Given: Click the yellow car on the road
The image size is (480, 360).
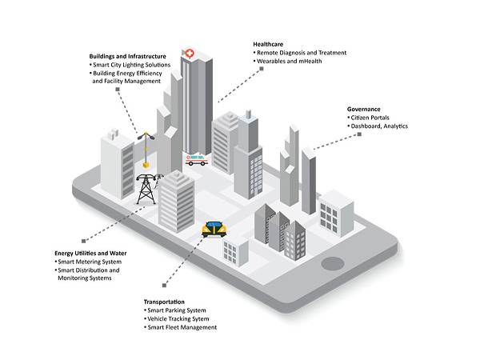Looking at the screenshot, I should coord(213,229).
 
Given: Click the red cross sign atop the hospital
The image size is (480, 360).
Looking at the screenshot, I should coord(188,53).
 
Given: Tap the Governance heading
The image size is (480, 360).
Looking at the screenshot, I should coord(363,109).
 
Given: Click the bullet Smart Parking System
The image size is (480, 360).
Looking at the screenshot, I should coord(177,310).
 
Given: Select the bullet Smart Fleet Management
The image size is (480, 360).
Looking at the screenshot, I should coord(182,328).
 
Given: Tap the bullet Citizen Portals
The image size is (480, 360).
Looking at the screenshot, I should coord(370,118).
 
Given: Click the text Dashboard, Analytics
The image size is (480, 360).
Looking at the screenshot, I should coord(381,126).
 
